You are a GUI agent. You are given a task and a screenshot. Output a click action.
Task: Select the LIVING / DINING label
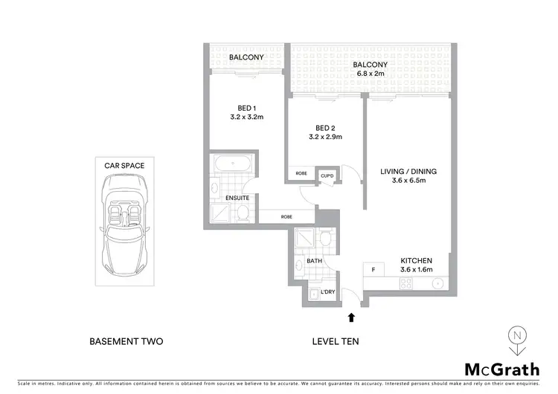coord(408,172)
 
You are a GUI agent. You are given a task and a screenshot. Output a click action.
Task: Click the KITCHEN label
coord(417,259)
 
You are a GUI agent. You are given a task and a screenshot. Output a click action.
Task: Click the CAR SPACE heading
coord(124,165)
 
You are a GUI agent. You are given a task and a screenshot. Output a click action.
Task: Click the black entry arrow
coord(351,317)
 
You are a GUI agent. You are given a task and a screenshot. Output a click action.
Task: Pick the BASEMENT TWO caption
coord(126,342)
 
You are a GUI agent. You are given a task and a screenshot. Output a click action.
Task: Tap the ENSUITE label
coord(238,198)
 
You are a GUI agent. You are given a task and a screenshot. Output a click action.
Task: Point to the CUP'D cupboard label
coord(327,175)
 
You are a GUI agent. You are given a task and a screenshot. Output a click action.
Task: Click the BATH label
coord(313,262)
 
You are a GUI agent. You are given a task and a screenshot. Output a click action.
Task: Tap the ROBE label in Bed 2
coord(301,173)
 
